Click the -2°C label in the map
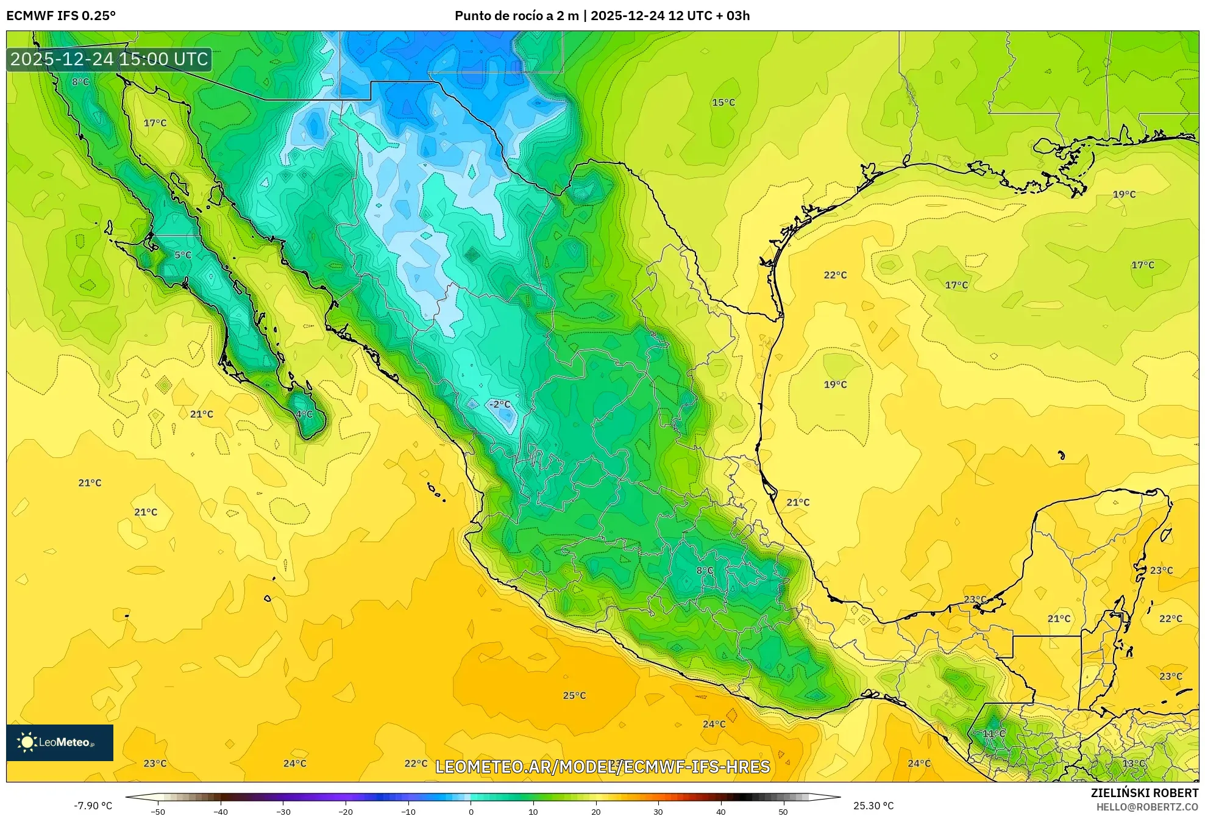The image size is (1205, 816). click(x=500, y=404)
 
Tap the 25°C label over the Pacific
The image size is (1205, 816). click(x=574, y=695)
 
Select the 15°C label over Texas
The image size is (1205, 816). click(x=723, y=102)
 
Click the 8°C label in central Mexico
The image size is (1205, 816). click(x=705, y=570)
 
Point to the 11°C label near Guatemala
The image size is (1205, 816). click(x=994, y=734)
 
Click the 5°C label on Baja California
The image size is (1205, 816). click(x=183, y=255)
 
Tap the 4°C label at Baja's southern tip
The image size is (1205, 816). click(x=304, y=414)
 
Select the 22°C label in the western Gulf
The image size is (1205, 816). click(x=835, y=275)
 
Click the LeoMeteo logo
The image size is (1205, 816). click(x=60, y=742)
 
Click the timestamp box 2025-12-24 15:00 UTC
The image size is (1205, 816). click(x=109, y=59)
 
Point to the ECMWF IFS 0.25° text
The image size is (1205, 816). click(x=61, y=16)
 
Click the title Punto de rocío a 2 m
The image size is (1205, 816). click(x=516, y=16)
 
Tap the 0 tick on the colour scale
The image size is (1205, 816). click(x=471, y=812)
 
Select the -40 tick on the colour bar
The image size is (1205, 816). click(x=221, y=812)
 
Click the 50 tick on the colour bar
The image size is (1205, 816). click(x=783, y=812)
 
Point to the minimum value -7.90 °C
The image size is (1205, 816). click(x=93, y=806)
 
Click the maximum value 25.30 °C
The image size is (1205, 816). click(x=873, y=806)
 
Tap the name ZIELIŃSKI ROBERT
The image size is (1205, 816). click(x=1144, y=793)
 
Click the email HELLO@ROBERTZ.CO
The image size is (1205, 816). click(x=1147, y=807)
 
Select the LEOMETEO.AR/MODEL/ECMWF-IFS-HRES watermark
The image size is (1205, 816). click(x=602, y=767)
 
